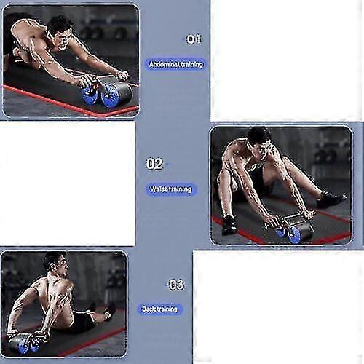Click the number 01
click(x=194, y=39)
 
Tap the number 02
click(x=154, y=164)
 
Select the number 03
click(x=176, y=284)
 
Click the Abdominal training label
click(x=176, y=64)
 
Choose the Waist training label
click(x=171, y=189)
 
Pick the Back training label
click(x=159, y=309)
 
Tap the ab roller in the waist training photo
click(x=290, y=228)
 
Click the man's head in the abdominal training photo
click(x=61, y=31)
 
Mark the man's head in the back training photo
click(x=56, y=264)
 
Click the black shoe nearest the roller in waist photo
click(x=229, y=224)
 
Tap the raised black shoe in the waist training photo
click(x=332, y=199)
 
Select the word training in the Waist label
click(x=180, y=189)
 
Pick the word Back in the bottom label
click(x=148, y=309)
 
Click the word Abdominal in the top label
click(x=165, y=64)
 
